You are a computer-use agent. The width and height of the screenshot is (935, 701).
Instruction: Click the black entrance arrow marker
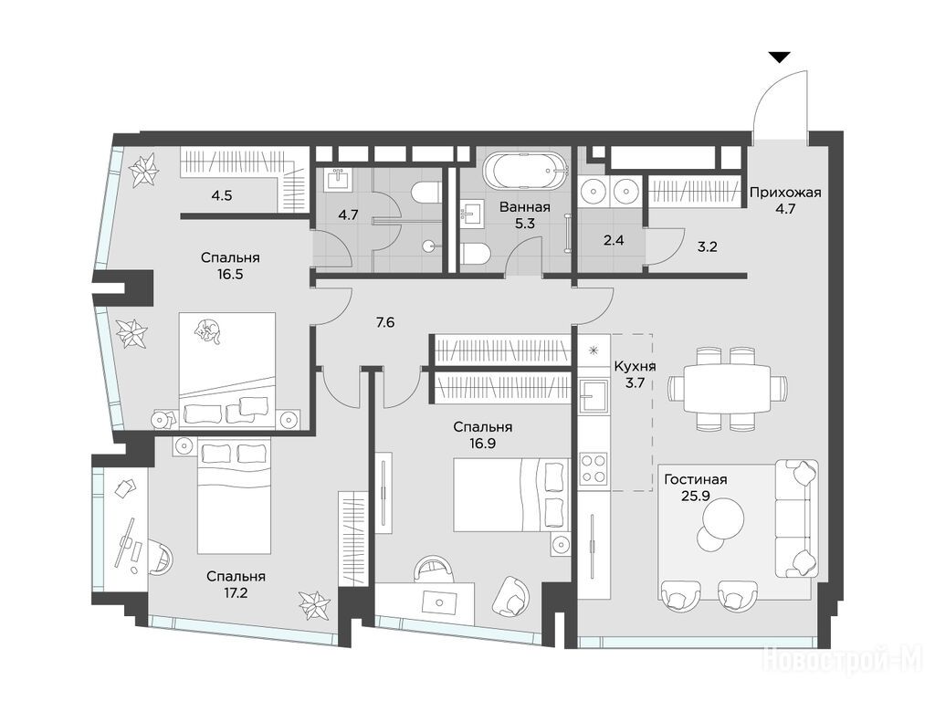tap(779, 58)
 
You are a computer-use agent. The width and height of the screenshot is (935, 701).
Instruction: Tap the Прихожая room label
tap(785, 193)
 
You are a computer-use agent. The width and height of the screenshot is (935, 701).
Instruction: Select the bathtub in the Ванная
tap(523, 171)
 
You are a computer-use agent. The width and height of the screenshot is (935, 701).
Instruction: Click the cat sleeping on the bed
tap(209, 330)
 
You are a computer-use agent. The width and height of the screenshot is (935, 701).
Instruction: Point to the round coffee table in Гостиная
tap(723, 518)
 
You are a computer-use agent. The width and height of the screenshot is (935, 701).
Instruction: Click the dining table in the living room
tap(728, 388)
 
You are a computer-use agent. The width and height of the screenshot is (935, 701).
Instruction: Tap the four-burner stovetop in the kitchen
tap(594, 467)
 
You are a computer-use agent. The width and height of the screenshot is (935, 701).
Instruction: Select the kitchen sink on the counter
tap(594, 397)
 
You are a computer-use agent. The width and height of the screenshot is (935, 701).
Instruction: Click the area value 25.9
tap(695, 496)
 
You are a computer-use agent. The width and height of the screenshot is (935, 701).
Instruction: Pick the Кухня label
tap(636, 367)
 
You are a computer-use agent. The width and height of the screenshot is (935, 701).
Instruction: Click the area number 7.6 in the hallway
tap(385, 322)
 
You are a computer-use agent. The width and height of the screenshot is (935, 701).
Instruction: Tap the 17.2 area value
tap(236, 593)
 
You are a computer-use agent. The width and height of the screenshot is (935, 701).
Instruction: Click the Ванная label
tap(525, 207)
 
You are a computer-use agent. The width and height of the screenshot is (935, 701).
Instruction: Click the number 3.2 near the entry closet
tap(708, 246)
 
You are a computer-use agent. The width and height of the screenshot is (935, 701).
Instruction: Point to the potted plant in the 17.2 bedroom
tap(314, 606)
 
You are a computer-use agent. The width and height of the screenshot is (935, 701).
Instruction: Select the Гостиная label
tap(695, 480)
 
